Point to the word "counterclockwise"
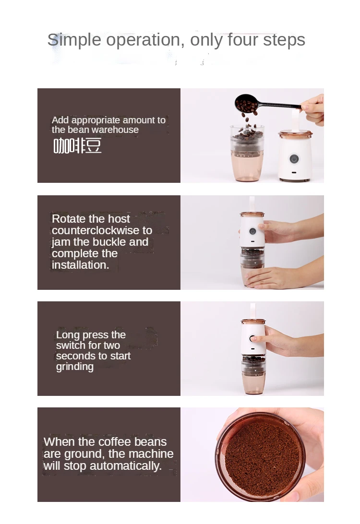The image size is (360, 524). coord(102,230)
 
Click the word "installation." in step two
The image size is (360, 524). coord(80,265)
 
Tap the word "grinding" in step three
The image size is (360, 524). coord(74,367)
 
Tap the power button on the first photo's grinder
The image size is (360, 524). coord(294,159)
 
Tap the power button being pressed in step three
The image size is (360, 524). coord(252,339)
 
